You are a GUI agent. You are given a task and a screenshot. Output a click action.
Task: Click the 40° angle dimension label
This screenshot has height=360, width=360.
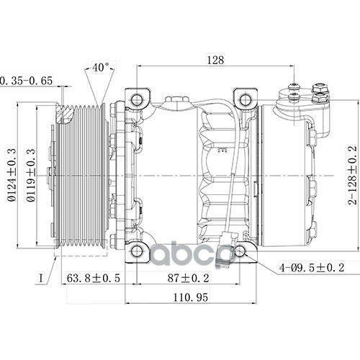[x=101, y=68]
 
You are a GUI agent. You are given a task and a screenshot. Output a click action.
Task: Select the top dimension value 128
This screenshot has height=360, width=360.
[x=215, y=60]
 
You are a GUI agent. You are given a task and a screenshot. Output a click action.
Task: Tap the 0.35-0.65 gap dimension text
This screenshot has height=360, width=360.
[x=26, y=81]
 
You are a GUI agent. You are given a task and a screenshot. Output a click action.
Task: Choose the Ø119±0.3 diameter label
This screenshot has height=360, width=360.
[x=31, y=175]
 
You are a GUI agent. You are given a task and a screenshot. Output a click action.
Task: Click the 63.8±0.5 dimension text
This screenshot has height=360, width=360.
[x=93, y=278]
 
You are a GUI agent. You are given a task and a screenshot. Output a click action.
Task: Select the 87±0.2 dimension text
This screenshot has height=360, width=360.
[x=188, y=278]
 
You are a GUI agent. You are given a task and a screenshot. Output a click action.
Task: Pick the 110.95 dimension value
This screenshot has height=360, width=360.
[x=190, y=297]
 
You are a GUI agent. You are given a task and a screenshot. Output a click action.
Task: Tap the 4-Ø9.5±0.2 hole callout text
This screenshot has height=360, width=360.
[x=311, y=267]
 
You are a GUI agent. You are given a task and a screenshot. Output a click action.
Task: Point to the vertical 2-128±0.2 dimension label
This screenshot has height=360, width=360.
[x=352, y=175]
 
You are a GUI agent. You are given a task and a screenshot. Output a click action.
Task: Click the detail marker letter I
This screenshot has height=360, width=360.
[x=41, y=278]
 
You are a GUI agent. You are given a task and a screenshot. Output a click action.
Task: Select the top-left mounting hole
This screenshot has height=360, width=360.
[x=137, y=99]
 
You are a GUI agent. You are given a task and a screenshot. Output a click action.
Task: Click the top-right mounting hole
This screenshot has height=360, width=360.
[x=245, y=99]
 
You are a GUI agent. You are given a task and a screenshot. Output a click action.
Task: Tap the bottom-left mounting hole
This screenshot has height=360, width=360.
[x=137, y=251]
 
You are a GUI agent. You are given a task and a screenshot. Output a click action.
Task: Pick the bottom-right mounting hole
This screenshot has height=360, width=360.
[x=240, y=251]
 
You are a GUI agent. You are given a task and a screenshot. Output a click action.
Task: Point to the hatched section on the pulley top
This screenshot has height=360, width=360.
[x=65, y=114]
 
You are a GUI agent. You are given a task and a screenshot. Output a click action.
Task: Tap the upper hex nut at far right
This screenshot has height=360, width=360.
[x=320, y=89]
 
